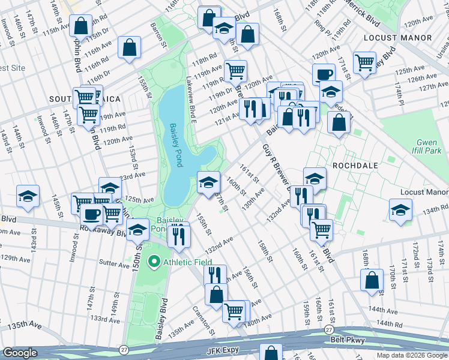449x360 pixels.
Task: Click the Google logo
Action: [x=20, y=353]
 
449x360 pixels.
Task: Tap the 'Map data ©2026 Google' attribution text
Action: [x=412, y=355]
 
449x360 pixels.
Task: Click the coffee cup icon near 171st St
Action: [x=324, y=74]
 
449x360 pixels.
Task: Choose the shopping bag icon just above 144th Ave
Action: [x=372, y=279]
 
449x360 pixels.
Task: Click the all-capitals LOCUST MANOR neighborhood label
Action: [x=397, y=38]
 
